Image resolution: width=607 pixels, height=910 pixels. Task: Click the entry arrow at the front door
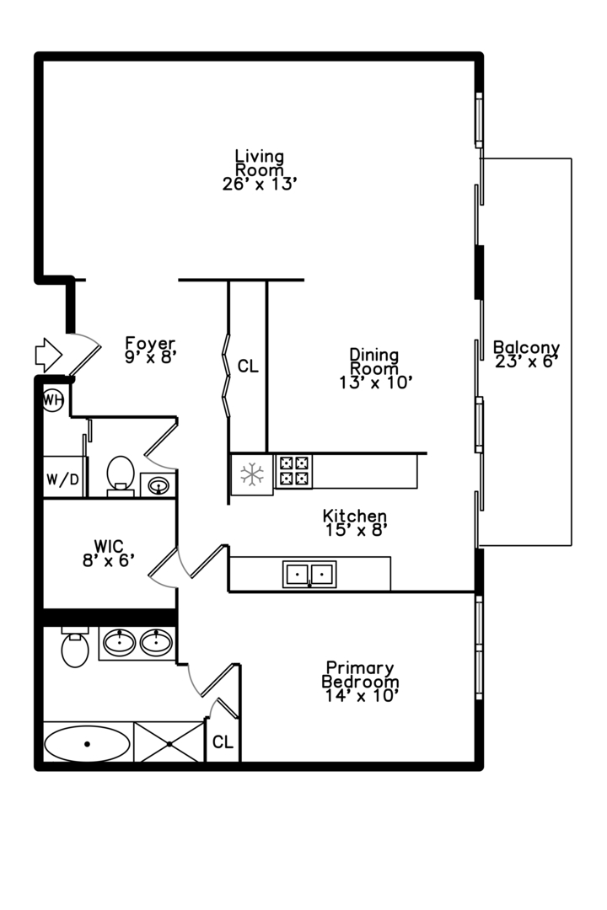tap(46, 355)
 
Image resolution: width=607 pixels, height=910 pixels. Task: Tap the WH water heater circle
tap(52, 399)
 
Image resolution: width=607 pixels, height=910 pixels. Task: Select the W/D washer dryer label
tap(62, 480)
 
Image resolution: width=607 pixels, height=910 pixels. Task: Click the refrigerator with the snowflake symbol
tap(252, 474)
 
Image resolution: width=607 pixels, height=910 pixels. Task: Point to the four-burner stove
tap(293, 471)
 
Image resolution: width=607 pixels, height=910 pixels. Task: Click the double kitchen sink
tap(309, 574)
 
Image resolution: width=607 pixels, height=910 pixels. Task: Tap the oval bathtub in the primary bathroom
tap(87, 744)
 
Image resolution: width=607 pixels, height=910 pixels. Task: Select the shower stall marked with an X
tap(169, 744)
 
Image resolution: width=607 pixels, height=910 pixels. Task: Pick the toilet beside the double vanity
tap(75, 648)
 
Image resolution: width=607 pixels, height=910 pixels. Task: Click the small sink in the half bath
tap(158, 484)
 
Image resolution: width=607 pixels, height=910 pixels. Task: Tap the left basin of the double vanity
tap(121, 643)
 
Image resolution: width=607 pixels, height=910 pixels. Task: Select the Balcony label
tap(526, 347)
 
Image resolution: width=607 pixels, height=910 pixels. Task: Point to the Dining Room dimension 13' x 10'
tap(375, 382)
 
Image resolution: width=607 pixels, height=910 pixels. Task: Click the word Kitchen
tap(355, 516)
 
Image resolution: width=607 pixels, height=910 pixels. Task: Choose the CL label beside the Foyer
tap(247, 367)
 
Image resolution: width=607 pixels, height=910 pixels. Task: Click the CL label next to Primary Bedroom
tap(223, 742)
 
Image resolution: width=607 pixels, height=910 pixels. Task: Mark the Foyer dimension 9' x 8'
tap(150, 356)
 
